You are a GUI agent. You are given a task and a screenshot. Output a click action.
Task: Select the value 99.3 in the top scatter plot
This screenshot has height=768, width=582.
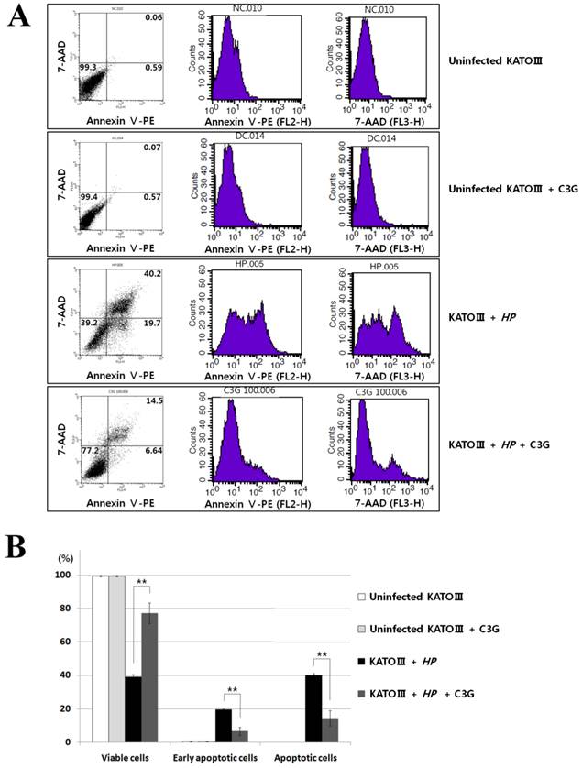(x=89, y=67)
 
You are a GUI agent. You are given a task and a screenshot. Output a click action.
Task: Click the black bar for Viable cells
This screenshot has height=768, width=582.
(x=133, y=708)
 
